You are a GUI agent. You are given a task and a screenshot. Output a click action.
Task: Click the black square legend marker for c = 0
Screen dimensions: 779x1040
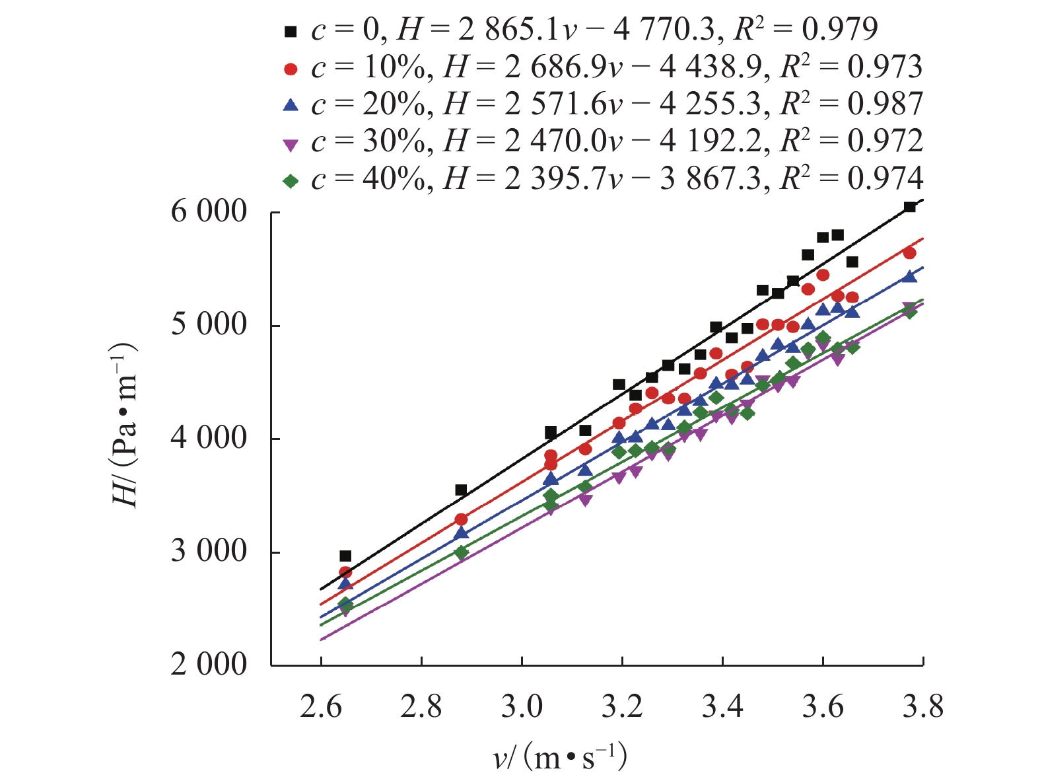click(x=291, y=30)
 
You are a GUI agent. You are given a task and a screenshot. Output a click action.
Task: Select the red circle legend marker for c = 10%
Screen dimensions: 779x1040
click(x=291, y=68)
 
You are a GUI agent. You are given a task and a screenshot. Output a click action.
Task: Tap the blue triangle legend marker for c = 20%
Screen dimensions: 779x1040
click(x=291, y=104)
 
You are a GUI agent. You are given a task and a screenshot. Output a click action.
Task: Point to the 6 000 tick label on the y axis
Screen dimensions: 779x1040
click(x=209, y=213)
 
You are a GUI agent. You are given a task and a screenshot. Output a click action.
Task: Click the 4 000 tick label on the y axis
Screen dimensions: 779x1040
click(x=209, y=439)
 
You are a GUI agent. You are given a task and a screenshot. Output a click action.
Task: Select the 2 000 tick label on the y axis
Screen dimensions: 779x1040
click(x=209, y=665)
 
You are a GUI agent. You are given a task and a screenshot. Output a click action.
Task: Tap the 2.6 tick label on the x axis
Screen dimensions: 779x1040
click(x=321, y=707)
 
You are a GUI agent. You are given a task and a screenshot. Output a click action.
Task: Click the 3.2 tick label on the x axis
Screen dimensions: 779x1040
click(x=622, y=707)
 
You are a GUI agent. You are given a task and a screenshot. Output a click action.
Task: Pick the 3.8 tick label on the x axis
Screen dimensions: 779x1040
click(x=922, y=707)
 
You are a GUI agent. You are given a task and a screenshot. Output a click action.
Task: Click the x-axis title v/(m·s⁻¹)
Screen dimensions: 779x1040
click(x=560, y=757)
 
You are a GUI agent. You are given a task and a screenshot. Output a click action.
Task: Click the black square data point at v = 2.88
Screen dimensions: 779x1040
click(x=461, y=490)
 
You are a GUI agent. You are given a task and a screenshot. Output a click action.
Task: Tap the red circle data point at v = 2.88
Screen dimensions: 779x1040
click(x=461, y=519)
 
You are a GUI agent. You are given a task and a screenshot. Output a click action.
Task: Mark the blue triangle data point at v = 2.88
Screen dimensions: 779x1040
click(x=461, y=533)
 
